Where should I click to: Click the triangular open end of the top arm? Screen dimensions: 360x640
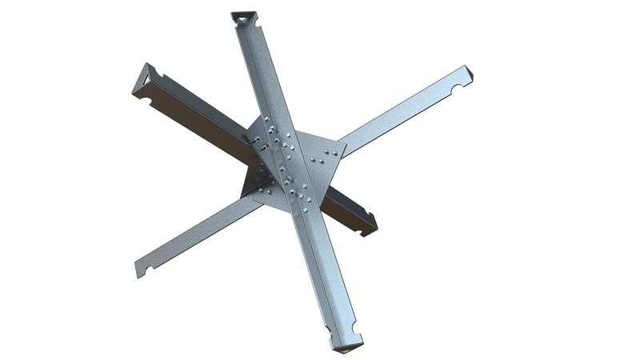point(242,18)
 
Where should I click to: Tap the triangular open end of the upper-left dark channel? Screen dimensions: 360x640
point(144,80)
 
